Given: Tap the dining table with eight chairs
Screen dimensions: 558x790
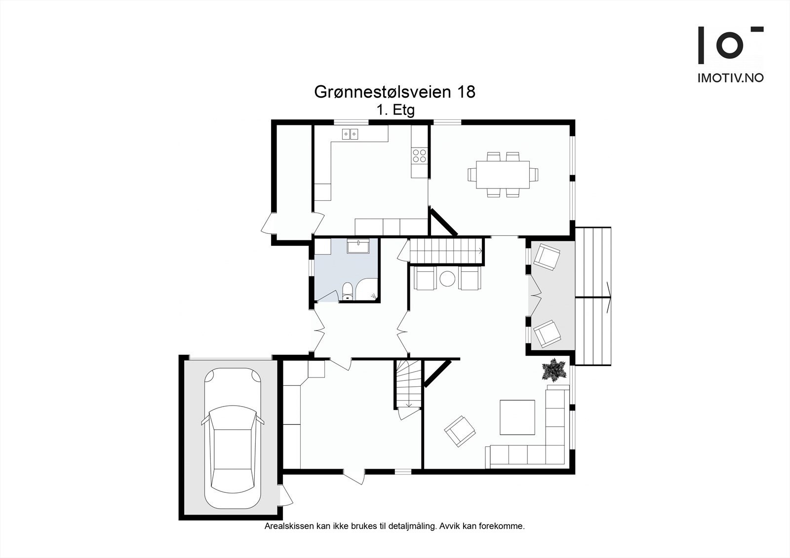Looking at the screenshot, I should tap(503, 175).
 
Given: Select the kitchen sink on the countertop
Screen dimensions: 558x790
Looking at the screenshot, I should tap(351, 133).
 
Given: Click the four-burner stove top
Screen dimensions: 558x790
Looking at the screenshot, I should tap(420, 156).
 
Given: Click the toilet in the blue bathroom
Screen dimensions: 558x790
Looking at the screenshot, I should tap(348, 291).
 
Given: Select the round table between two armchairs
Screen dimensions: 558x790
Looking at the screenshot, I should tap(448, 278).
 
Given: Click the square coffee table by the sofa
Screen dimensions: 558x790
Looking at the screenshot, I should tap(517, 417).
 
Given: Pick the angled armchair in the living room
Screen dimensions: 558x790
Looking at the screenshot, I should tap(460, 431).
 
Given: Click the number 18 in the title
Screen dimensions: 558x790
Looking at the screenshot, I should tap(466, 92).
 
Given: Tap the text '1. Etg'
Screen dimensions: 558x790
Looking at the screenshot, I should tap(395, 110).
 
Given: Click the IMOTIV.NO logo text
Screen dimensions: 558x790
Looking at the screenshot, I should tap(730, 77).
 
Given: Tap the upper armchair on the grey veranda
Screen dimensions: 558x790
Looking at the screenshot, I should tap(548, 256).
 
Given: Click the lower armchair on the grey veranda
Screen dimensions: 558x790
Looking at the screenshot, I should tap(548, 334).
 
